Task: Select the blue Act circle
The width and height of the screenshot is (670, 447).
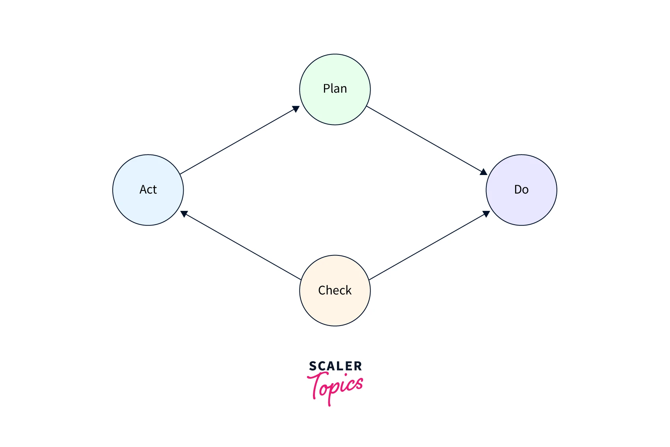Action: (x=148, y=207)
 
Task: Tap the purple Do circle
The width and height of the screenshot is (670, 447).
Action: (x=521, y=207)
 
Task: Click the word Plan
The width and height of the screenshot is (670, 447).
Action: (x=335, y=89)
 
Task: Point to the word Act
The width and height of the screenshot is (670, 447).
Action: (x=148, y=190)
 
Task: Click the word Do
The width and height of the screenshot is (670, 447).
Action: (x=521, y=190)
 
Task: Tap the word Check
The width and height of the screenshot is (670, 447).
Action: (x=335, y=291)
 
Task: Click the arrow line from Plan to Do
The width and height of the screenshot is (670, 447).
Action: (x=426, y=140)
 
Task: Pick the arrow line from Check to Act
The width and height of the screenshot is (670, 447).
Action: (x=241, y=246)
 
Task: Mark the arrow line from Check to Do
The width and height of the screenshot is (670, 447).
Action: (x=429, y=246)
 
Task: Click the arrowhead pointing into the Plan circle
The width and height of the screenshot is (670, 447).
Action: (x=296, y=109)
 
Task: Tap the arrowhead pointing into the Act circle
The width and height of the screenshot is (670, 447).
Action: (x=184, y=214)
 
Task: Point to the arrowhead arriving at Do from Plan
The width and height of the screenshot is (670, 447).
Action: (x=484, y=172)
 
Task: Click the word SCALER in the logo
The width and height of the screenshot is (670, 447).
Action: (x=335, y=366)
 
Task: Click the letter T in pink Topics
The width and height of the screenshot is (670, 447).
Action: (x=316, y=384)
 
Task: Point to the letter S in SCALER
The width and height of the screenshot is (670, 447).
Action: (x=313, y=366)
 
